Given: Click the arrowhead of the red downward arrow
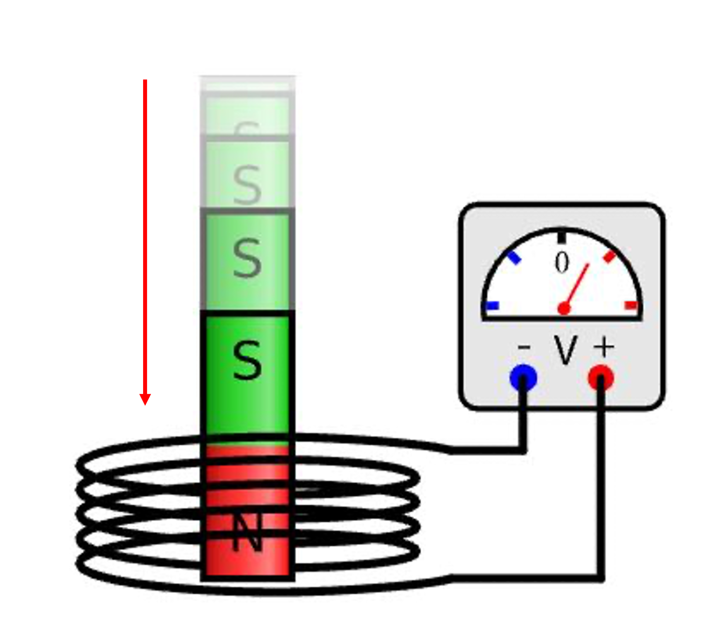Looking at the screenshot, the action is click(x=145, y=399).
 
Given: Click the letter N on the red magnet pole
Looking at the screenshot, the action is click(x=247, y=532).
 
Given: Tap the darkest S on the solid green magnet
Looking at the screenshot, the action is click(x=247, y=361).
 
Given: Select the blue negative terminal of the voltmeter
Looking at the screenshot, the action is click(x=523, y=377).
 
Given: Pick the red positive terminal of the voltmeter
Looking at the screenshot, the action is click(x=601, y=377).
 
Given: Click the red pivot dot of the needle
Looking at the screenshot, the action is click(x=564, y=309).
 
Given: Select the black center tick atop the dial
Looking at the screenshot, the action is click(x=562, y=237).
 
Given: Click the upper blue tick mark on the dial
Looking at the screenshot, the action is click(x=513, y=257).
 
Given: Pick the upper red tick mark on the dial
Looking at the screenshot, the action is click(x=610, y=256).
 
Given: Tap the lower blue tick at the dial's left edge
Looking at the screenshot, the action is click(x=492, y=306).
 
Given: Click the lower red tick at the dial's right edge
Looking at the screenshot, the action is click(x=631, y=305).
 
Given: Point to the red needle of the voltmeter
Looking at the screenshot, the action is click(x=577, y=285).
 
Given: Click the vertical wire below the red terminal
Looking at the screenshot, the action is click(x=601, y=482).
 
